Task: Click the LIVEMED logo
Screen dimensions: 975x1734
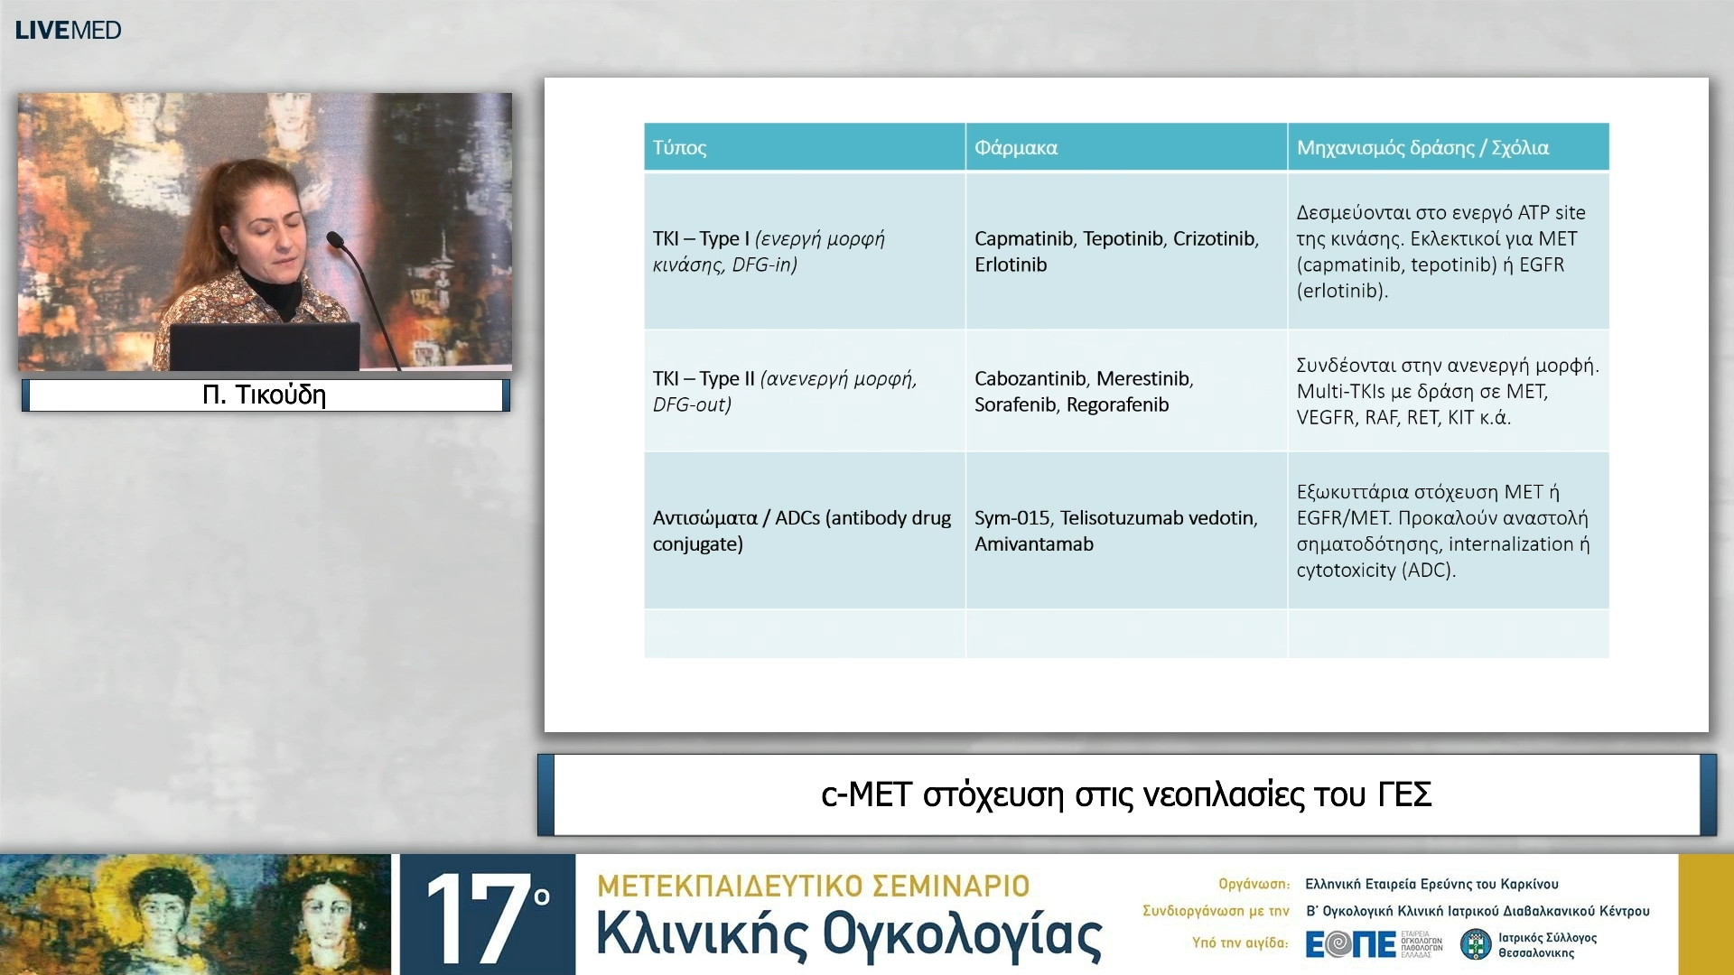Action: (68, 30)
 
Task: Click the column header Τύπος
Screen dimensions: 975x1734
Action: (679, 147)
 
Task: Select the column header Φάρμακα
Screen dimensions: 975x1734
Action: (1015, 147)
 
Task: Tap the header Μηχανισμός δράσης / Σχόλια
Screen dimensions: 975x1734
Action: (1422, 147)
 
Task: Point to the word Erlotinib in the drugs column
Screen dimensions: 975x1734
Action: (1010, 265)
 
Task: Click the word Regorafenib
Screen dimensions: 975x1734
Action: (1117, 404)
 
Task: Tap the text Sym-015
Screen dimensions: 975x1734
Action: (1011, 517)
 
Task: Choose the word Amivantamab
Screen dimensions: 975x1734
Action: (1033, 543)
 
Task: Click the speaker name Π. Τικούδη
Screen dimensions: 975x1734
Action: (265, 395)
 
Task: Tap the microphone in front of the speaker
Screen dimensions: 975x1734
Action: (336, 240)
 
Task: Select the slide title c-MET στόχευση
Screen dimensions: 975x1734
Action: (1125, 794)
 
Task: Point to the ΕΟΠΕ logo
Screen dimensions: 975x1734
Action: (1351, 943)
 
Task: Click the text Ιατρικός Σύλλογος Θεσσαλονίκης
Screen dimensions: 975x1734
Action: (1546, 944)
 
